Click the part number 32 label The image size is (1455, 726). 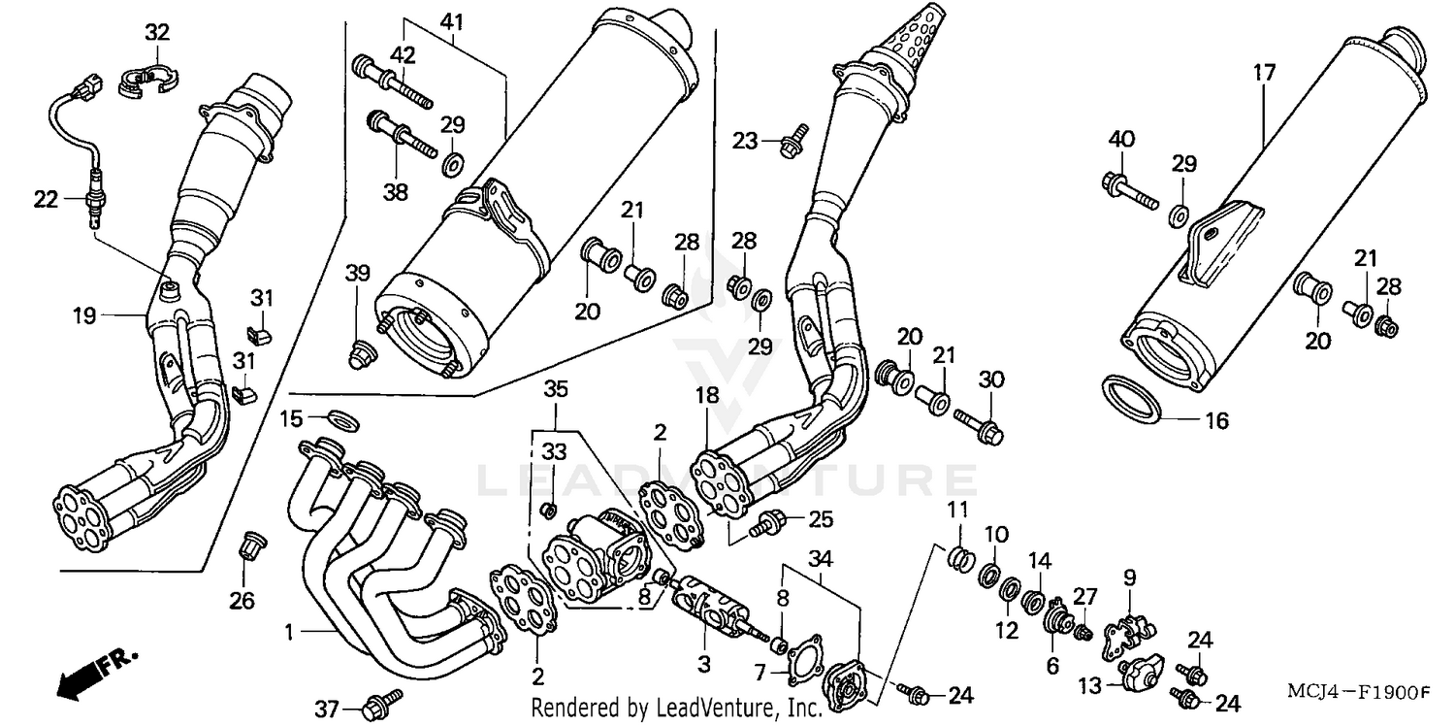point(156,32)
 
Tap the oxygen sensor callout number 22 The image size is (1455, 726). point(47,199)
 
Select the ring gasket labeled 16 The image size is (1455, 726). point(1133,400)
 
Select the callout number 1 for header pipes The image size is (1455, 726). point(288,633)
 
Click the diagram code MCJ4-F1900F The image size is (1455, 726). point(1358,692)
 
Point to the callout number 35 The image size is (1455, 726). point(555,391)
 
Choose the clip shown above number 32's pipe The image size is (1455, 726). point(143,79)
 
